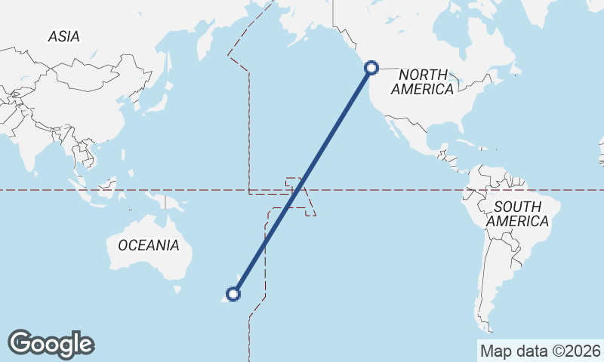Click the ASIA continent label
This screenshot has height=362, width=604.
(x=63, y=36)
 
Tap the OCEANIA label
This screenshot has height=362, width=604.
(x=149, y=245)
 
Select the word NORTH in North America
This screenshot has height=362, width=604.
(x=423, y=75)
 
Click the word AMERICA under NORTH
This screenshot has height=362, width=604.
(x=423, y=89)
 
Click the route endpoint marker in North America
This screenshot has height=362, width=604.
(x=371, y=68)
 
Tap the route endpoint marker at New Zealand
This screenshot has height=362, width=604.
(x=234, y=294)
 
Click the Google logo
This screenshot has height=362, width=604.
(x=51, y=344)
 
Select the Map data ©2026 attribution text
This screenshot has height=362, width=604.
(x=540, y=351)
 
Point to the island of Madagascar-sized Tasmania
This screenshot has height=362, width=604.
(x=178, y=289)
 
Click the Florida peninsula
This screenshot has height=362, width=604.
(x=454, y=133)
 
